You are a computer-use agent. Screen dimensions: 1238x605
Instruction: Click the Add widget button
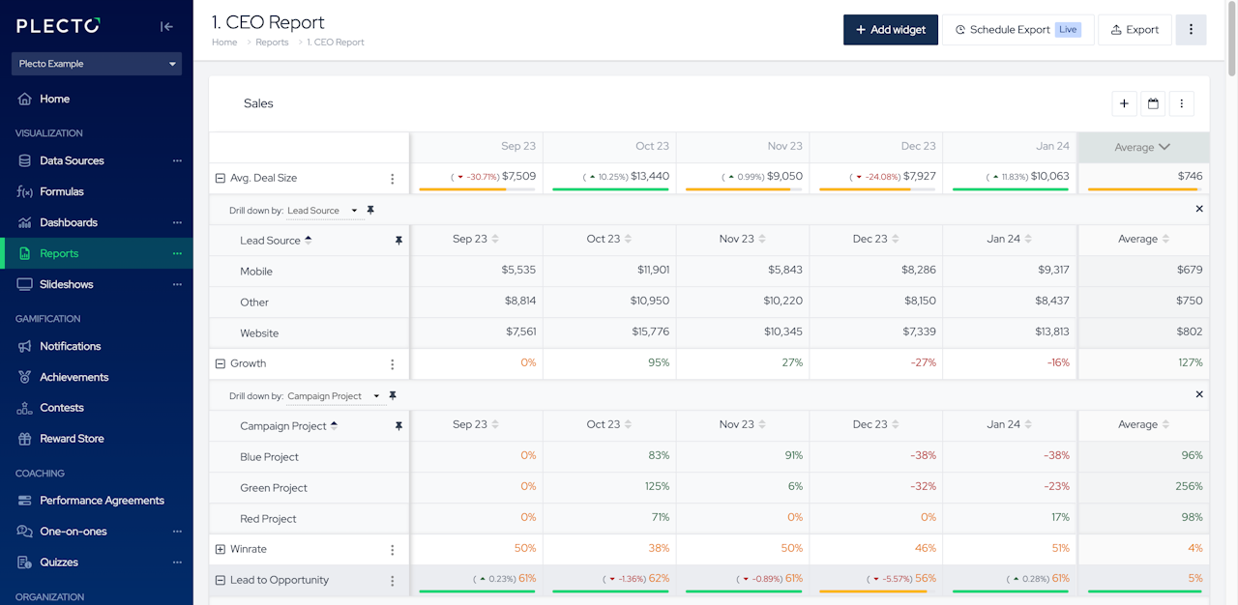pyautogui.click(x=891, y=30)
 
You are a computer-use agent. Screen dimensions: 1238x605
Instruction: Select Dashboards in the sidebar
pyautogui.click(x=69, y=222)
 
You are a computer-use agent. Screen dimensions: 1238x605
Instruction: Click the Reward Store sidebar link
pyautogui.click(x=72, y=439)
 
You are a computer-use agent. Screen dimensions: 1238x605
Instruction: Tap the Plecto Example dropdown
pyautogui.click(x=97, y=64)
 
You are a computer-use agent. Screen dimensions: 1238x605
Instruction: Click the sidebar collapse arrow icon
pyautogui.click(x=166, y=26)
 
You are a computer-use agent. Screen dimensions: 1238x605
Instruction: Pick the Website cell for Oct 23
pyautogui.click(x=651, y=331)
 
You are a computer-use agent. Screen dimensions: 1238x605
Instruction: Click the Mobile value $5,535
pyautogui.click(x=518, y=270)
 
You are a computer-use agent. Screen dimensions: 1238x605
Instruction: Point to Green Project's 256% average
pyautogui.click(x=1189, y=486)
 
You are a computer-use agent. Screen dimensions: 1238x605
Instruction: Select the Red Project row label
pyautogui.click(x=268, y=518)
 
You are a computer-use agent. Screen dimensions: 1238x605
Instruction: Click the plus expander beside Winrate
pyautogui.click(x=220, y=549)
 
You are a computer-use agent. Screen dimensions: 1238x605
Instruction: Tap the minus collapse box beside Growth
pyautogui.click(x=220, y=363)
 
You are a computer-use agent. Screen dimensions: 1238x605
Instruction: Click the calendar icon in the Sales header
pyautogui.click(x=1153, y=103)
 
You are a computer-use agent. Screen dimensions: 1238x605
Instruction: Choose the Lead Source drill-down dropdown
pyautogui.click(x=322, y=211)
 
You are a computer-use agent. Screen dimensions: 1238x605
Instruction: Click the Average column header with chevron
pyautogui.click(x=1142, y=148)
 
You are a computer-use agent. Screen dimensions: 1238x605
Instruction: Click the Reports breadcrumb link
pyautogui.click(x=272, y=42)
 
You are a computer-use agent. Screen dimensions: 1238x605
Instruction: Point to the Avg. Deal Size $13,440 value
pyautogui.click(x=650, y=176)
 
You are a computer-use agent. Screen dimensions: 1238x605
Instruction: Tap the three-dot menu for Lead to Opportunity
pyautogui.click(x=393, y=581)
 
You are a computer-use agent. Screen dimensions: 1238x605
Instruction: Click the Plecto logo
pyautogui.click(x=58, y=25)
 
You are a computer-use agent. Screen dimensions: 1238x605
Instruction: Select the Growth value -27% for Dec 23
pyautogui.click(x=924, y=362)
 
